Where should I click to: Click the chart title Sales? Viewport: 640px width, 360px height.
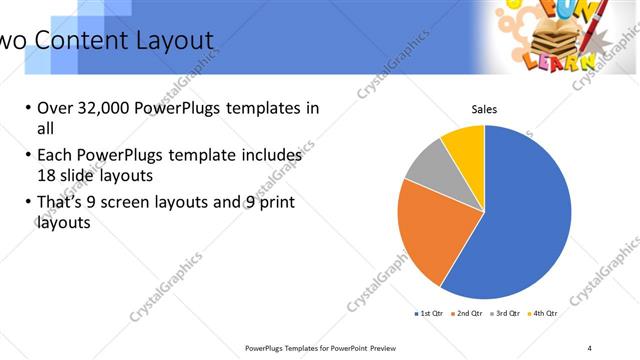pyautogui.click(x=484, y=110)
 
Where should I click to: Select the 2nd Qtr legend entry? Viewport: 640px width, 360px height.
pyautogui.click(x=470, y=314)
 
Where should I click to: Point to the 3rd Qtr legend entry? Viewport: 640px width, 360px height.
pyautogui.click(x=506, y=314)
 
